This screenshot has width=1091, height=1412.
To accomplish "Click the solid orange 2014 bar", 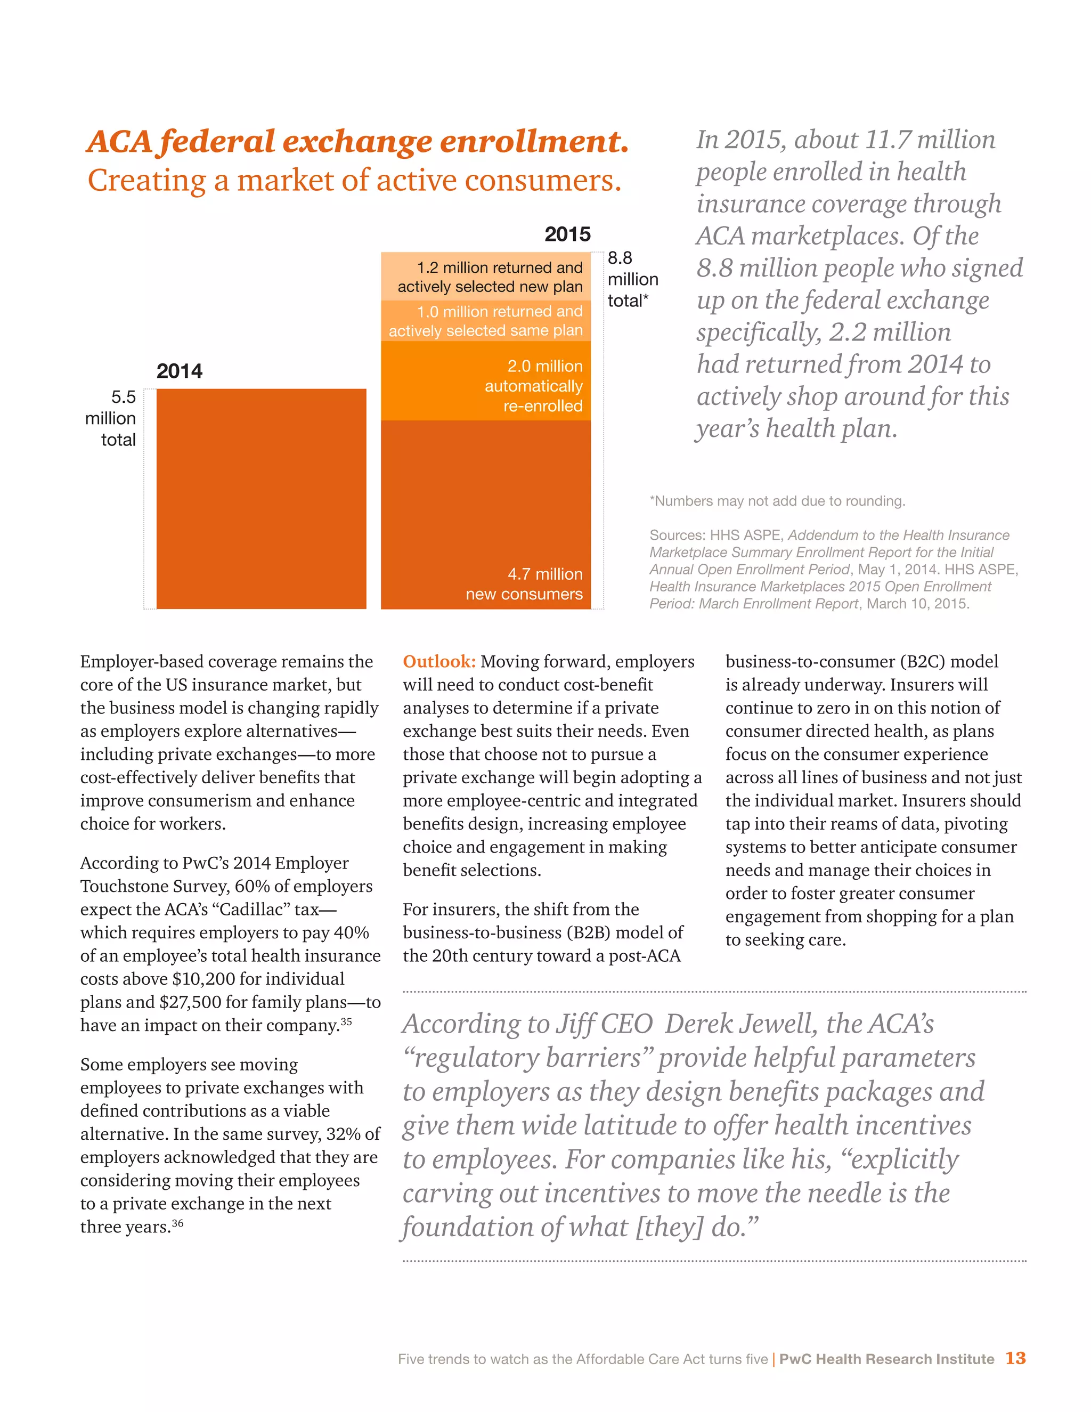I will pos(261,499).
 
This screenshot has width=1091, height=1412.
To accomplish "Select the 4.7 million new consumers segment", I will pos(485,514).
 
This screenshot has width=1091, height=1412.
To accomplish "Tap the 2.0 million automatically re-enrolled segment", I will pos(485,381).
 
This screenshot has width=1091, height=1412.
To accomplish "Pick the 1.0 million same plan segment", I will pos(485,321).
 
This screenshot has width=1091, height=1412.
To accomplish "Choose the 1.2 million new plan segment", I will pos(485,277).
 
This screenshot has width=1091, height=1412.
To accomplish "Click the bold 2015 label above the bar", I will pos(567,234).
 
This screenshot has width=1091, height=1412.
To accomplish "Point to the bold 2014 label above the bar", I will pos(179,371).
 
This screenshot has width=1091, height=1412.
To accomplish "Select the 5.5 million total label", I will pos(111,418).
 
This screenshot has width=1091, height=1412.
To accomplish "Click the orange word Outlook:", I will pos(439,661).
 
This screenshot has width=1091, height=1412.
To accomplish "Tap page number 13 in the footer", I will pos(1015,1358).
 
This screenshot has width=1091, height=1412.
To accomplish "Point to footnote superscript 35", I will pos(346,1021).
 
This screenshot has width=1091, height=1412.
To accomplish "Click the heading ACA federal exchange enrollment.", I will pos(357,142).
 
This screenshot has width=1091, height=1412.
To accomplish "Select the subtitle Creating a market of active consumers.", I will pos(354,181).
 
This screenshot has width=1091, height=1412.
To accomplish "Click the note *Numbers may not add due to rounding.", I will pos(777,501).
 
